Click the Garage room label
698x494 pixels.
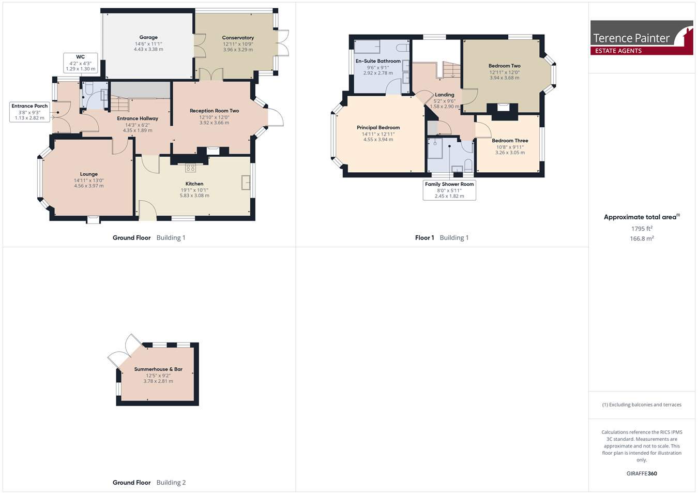pos(148,37)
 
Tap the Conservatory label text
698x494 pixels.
pos(238,38)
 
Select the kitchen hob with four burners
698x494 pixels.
pos(190,168)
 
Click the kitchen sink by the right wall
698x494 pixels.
pos(246,182)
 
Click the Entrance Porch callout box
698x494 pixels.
pos(29,112)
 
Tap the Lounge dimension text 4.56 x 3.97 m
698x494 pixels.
pos(89,186)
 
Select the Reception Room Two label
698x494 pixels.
pos(215,111)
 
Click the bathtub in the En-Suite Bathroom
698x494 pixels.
pos(368,47)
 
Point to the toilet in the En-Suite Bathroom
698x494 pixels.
pos(403,48)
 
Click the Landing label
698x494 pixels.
pos(444,95)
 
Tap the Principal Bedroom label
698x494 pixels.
pos(378,127)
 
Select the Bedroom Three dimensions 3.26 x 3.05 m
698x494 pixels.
pos(510,153)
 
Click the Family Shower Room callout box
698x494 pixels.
pos(449,190)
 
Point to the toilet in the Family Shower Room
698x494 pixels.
pos(468,166)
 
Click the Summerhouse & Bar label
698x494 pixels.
pos(158,369)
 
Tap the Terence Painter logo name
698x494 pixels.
pos(631,38)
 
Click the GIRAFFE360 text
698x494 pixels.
pos(642,474)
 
